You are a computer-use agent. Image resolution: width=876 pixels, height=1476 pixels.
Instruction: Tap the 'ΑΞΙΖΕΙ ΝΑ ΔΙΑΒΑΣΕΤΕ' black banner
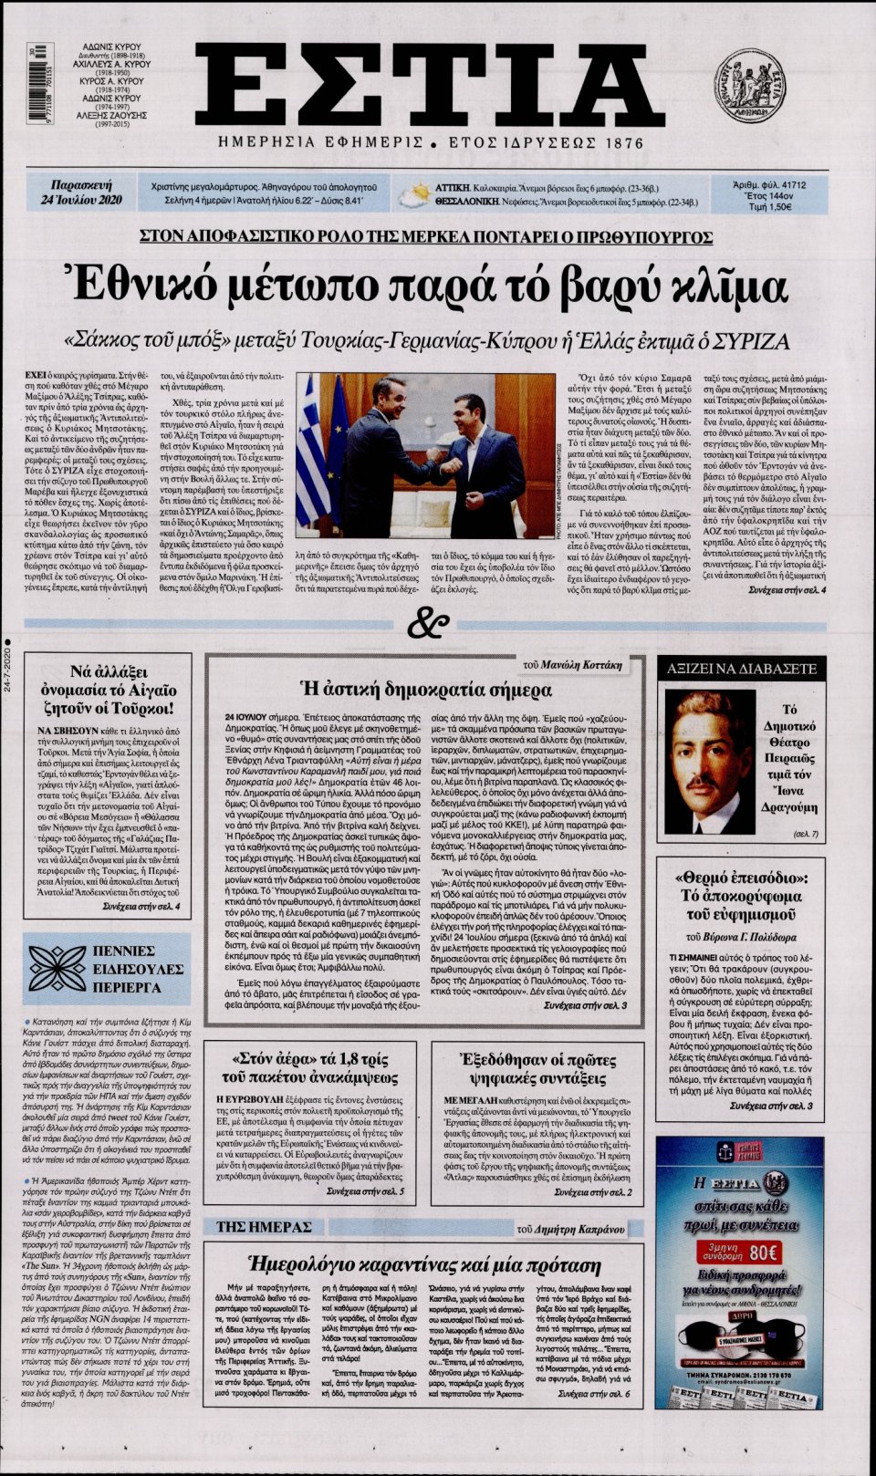(741, 669)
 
